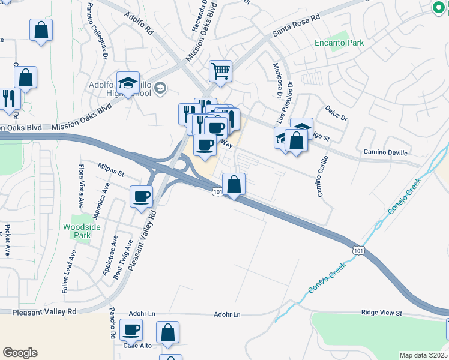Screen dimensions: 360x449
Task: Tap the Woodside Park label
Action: [x=77, y=231]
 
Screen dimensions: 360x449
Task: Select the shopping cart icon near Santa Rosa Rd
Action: [x=221, y=71]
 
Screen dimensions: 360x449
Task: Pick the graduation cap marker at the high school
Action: [x=128, y=83]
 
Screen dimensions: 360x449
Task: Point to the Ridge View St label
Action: [x=381, y=313]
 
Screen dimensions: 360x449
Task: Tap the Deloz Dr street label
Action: [x=337, y=114]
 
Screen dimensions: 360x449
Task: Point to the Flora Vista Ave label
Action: [x=81, y=184]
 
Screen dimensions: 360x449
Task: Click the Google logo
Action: [x=19, y=353]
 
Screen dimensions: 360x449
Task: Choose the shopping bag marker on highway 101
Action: [x=234, y=184]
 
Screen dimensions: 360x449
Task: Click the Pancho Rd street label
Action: [x=112, y=323]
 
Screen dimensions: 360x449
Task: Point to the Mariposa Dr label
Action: [x=278, y=80]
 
